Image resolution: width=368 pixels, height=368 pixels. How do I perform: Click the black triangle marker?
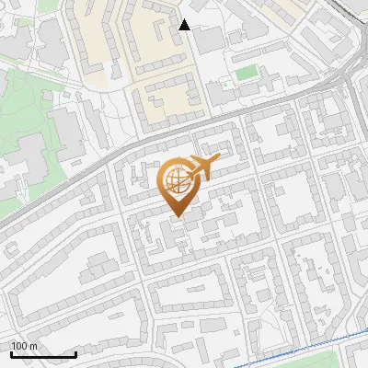pyautogui.click(x=184, y=25)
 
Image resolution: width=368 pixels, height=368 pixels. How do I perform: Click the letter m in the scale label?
pyautogui.click(x=34, y=346)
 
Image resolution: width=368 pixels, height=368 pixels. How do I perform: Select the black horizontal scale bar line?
pyautogui.click(x=42, y=354)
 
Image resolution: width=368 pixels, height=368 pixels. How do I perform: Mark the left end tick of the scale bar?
pyautogui.click(x=10, y=352)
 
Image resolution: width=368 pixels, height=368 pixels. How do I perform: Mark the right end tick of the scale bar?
pyautogui.click(x=75, y=352)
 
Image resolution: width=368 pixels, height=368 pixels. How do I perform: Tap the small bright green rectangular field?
pyautogui.click(x=245, y=73)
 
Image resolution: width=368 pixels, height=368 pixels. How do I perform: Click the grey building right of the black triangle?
pyautogui.click(x=209, y=39)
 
